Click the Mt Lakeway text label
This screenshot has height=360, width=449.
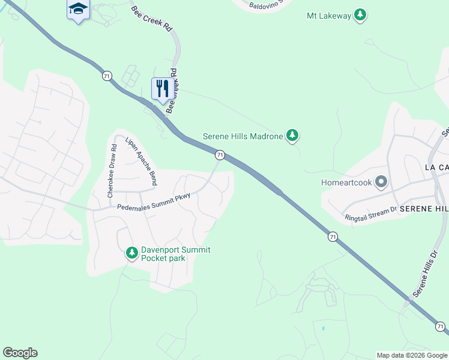tap(328, 16)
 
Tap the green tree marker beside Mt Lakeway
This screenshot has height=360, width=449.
tap(360, 15)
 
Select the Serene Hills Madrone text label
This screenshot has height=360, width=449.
tap(243, 136)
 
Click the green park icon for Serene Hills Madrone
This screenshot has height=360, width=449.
tap(292, 136)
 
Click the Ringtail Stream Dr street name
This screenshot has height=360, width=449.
tap(370, 213)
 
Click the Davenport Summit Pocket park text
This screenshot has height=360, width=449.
tap(175, 254)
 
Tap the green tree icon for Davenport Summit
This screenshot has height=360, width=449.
tap(132, 254)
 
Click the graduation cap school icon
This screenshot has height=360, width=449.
tap(78, 9)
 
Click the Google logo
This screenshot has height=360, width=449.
tap(20, 353)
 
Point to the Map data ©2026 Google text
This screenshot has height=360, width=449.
tap(411, 355)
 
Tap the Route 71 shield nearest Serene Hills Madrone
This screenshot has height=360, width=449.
tap(220, 155)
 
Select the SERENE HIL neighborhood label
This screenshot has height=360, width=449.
tap(424, 208)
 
